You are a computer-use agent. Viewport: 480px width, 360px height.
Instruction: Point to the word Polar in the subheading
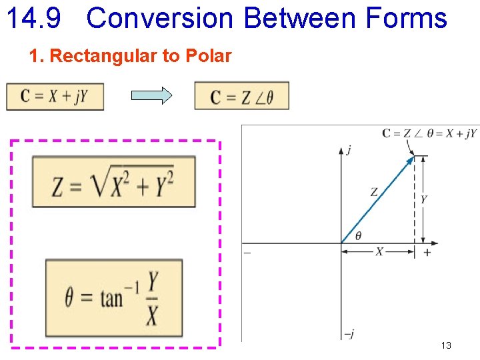pyautogui.click(x=209, y=56)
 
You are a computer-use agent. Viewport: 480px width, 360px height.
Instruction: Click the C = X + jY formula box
pyautogui.click(x=55, y=96)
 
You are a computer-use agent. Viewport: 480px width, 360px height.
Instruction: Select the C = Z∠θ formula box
pyautogui.click(x=241, y=96)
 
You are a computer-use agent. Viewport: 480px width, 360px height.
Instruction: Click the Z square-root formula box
pyautogui.click(x=113, y=181)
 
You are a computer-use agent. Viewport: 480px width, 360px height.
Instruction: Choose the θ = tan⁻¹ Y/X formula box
pyautogui.click(x=113, y=297)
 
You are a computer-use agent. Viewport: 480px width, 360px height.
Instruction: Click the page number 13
pyautogui.click(x=446, y=345)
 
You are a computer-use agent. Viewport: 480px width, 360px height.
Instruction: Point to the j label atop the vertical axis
pyautogui.click(x=349, y=151)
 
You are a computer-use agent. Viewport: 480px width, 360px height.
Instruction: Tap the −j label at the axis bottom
pyautogui.click(x=347, y=334)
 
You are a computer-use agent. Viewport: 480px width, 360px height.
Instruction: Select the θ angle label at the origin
pyautogui.click(x=359, y=235)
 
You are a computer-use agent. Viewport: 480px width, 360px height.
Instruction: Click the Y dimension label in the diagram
pyautogui.click(x=424, y=199)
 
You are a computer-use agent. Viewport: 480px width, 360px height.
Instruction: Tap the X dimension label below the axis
pyautogui.click(x=379, y=252)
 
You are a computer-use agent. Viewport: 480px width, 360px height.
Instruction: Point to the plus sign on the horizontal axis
pyautogui.click(x=427, y=253)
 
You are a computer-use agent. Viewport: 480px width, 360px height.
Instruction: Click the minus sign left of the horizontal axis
pyautogui.click(x=247, y=253)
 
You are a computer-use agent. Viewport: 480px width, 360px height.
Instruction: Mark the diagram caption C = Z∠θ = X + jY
pyautogui.click(x=429, y=133)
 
